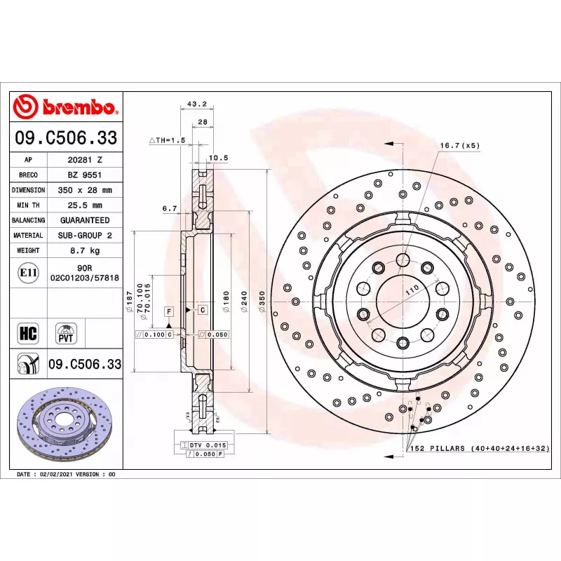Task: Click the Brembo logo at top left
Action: click(x=65, y=107)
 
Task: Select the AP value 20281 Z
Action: click(x=85, y=160)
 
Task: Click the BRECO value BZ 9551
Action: click(x=85, y=175)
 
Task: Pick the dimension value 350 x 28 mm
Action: click(x=85, y=190)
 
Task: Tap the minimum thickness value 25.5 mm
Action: click(x=85, y=205)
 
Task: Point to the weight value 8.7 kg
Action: click(x=85, y=250)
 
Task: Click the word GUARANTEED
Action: click(x=85, y=220)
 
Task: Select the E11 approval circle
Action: click(x=28, y=273)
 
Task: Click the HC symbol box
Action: click(x=28, y=334)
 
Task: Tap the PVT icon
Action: click(x=66, y=334)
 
